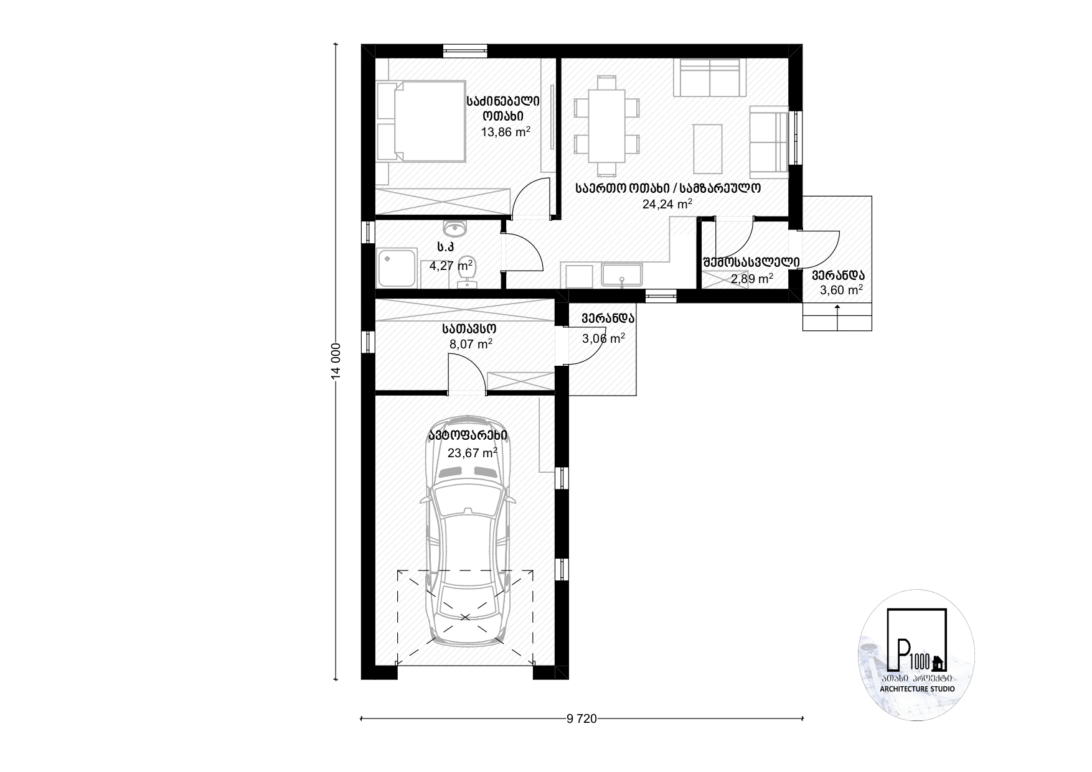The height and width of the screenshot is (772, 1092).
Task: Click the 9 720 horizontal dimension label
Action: pos(581,719)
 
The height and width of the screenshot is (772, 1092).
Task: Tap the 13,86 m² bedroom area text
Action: pos(506,132)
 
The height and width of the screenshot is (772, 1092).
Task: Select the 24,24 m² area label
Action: pos(667,203)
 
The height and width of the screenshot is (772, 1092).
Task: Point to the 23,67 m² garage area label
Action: pos(472,452)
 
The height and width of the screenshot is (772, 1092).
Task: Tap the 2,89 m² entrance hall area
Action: pos(751,279)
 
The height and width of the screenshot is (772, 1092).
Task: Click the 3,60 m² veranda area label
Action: pos(841,290)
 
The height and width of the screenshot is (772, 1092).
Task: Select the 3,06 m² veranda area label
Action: pos(603,338)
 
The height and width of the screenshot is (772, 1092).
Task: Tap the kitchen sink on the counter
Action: pos(621,274)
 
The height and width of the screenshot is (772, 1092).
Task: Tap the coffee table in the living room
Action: pos(707,149)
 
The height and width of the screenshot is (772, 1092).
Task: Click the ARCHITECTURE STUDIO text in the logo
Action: pos(918,689)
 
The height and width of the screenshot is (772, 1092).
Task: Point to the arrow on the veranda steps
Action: pos(837,318)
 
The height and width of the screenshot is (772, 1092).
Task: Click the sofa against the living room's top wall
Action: pos(710,78)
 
